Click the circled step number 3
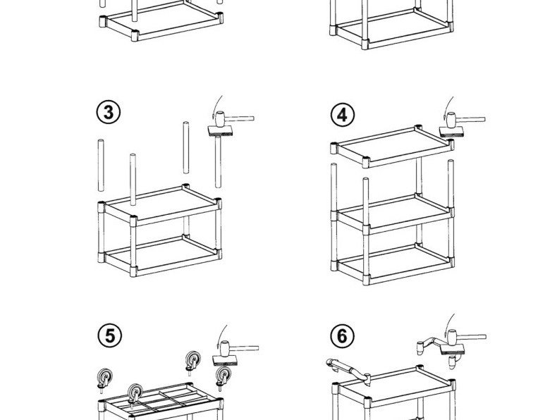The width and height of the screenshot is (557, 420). (109, 112)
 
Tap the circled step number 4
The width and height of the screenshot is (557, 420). (342, 114)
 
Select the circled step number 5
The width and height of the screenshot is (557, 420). (109, 336)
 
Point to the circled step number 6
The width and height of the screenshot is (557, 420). (342, 336)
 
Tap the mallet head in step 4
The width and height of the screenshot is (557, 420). (451, 121)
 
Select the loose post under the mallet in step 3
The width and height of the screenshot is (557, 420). (218, 162)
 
